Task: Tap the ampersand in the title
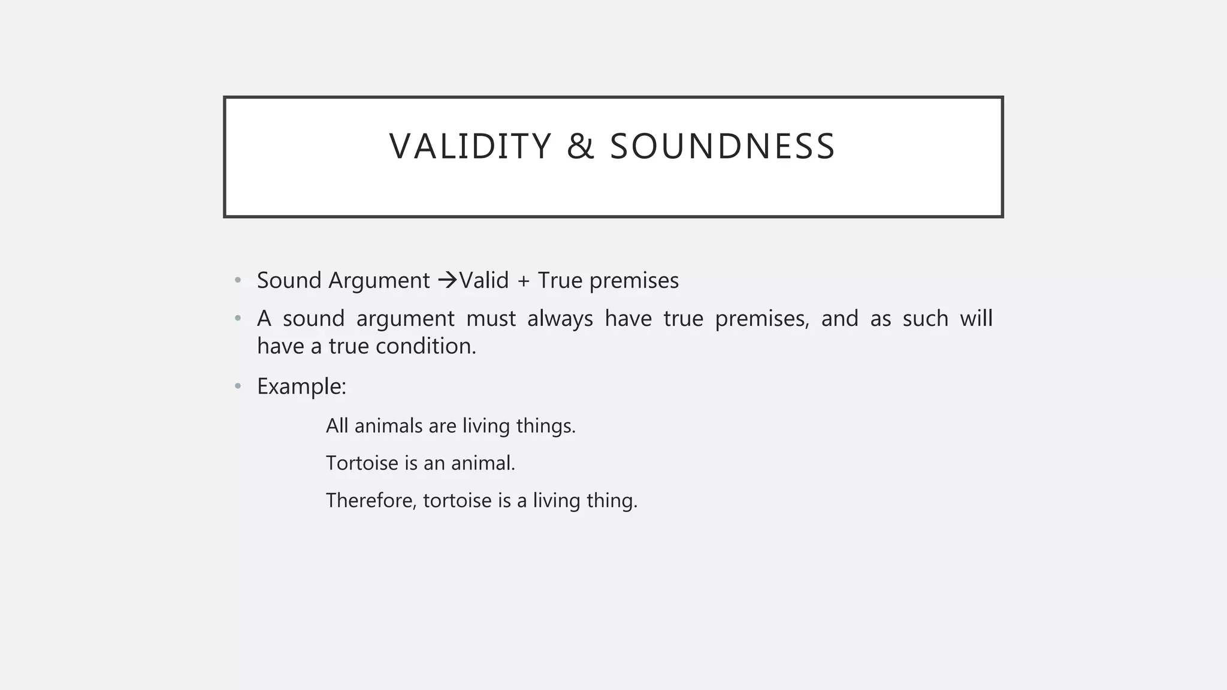point(580,146)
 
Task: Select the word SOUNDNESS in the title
point(722,146)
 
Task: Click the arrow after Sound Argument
point(447,280)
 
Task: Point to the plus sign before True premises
point(523,281)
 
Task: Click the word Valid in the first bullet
point(484,280)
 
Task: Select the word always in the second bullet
point(560,319)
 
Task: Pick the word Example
point(301,386)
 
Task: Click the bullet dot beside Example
point(238,386)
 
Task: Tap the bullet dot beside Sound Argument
point(238,280)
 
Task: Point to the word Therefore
point(371,500)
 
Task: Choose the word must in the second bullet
point(491,319)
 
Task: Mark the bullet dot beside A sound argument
point(238,319)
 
